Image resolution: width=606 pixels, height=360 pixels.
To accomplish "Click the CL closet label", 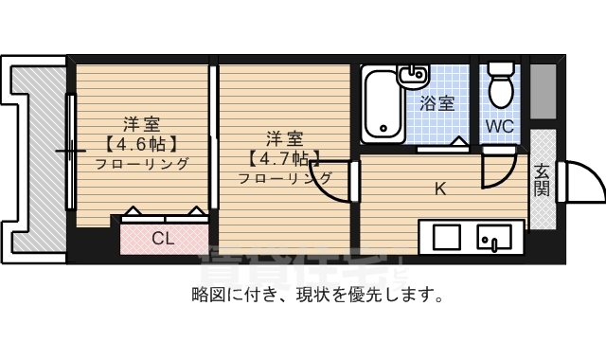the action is coord(164,239).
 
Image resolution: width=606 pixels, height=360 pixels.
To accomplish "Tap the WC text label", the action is coord(499,125).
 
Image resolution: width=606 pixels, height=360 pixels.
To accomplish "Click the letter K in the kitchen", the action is coord(439,188).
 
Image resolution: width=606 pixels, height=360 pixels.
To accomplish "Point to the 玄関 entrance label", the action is coord(542,179).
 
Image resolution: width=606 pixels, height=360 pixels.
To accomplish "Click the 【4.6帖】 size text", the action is coord(141,144).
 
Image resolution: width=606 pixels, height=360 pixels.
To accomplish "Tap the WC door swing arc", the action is coord(495,171).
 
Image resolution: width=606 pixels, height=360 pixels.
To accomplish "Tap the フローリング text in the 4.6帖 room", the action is coord(141,163).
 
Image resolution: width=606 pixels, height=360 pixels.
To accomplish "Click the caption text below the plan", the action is coord(317,296).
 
